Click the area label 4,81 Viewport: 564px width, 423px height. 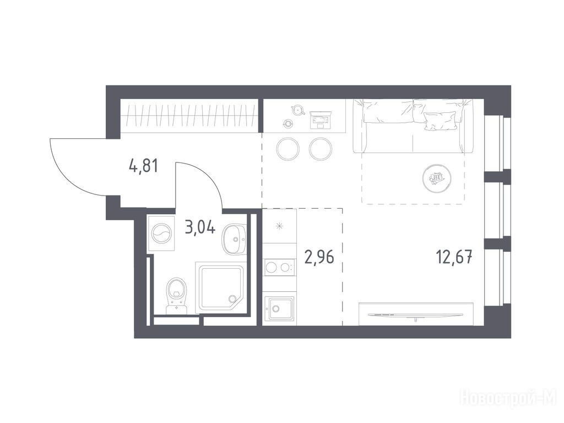coord(143,166)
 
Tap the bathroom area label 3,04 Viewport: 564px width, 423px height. coord(200,227)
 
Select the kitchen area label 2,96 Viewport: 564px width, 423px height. coord(319,257)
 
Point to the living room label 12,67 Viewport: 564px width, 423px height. coord(454,257)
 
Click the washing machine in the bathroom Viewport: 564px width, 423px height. coord(161,233)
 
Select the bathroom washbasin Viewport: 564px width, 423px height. coord(233,239)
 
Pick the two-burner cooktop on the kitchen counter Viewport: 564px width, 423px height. coord(279,267)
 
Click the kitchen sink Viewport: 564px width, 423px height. coord(279,308)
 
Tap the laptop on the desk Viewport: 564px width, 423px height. coord(320,120)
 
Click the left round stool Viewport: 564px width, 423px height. coord(288,149)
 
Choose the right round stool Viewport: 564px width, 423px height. coord(321,149)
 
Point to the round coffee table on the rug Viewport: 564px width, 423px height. coord(437,178)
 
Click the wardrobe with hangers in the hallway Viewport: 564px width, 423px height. coord(189,116)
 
